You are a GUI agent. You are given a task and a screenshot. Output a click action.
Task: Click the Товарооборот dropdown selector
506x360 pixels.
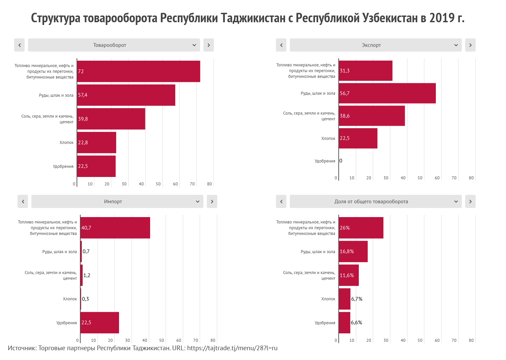click(x=114, y=45)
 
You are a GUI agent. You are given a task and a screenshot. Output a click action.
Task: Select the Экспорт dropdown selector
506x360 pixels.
click(x=375, y=45)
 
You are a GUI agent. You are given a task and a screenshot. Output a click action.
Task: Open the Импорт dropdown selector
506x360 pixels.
click(x=117, y=202)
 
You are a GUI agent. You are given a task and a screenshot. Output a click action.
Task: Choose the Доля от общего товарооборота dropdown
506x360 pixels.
click(x=375, y=202)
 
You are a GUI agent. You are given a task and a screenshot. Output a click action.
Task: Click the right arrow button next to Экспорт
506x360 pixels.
click(x=470, y=45)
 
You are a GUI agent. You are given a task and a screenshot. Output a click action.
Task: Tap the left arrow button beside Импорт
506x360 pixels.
click(x=23, y=202)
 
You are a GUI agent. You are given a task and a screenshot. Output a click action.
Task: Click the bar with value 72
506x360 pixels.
click(x=139, y=71)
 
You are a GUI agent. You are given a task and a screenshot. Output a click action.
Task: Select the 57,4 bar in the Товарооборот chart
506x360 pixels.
click(x=126, y=95)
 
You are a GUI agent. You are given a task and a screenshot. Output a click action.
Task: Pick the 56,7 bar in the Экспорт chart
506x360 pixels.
click(x=387, y=93)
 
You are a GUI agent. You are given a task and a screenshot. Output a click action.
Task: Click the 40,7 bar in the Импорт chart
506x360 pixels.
click(x=115, y=228)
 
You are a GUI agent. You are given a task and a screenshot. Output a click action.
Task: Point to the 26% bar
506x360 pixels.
click(x=361, y=228)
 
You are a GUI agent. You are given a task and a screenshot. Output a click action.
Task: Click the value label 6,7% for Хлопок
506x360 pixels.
click(x=357, y=299)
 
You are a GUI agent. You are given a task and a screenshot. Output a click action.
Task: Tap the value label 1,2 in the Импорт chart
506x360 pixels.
click(x=87, y=275)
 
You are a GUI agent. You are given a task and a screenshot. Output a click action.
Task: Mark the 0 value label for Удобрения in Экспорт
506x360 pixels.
click(x=341, y=161)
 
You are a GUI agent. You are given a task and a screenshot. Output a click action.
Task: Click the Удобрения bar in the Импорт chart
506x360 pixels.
click(x=100, y=323)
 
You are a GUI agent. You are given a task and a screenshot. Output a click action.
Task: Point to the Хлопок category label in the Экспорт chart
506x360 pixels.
click(x=328, y=139)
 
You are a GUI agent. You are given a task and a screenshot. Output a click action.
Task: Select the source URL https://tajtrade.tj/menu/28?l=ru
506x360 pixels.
click(x=232, y=348)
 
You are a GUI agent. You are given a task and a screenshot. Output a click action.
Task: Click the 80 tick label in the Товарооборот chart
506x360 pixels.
click(x=209, y=184)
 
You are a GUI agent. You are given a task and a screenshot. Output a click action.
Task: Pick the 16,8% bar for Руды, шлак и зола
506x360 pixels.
click(x=353, y=251)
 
